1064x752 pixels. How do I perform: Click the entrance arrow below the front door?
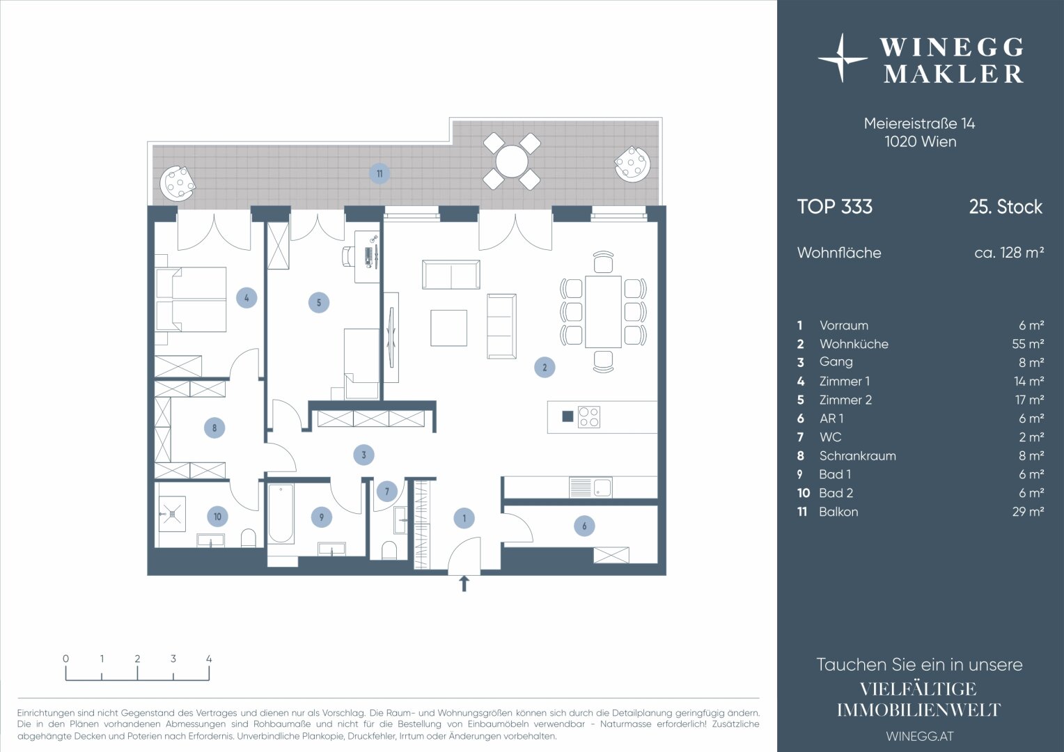point(464,583)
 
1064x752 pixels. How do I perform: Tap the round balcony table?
point(512,161)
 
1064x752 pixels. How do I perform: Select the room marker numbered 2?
point(545,367)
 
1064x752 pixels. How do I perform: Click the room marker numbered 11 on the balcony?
point(380,174)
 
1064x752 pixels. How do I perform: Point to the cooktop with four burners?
point(589,417)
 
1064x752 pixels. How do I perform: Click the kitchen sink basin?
point(602,488)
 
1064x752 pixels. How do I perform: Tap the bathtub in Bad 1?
point(280,514)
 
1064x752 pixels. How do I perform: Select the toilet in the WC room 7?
point(389,550)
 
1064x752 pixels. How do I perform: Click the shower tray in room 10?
point(172,514)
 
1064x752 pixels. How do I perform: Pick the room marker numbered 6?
point(584,526)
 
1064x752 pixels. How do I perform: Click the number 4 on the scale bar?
point(209,659)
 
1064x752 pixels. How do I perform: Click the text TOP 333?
point(835,207)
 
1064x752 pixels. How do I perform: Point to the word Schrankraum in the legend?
point(857,455)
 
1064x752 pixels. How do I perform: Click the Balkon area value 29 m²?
point(1028,512)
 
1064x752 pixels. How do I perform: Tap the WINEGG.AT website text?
point(920,736)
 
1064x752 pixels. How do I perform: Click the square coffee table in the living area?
point(448,328)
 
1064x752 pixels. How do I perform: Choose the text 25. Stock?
point(1006,207)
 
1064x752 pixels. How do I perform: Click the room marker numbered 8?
point(214,428)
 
